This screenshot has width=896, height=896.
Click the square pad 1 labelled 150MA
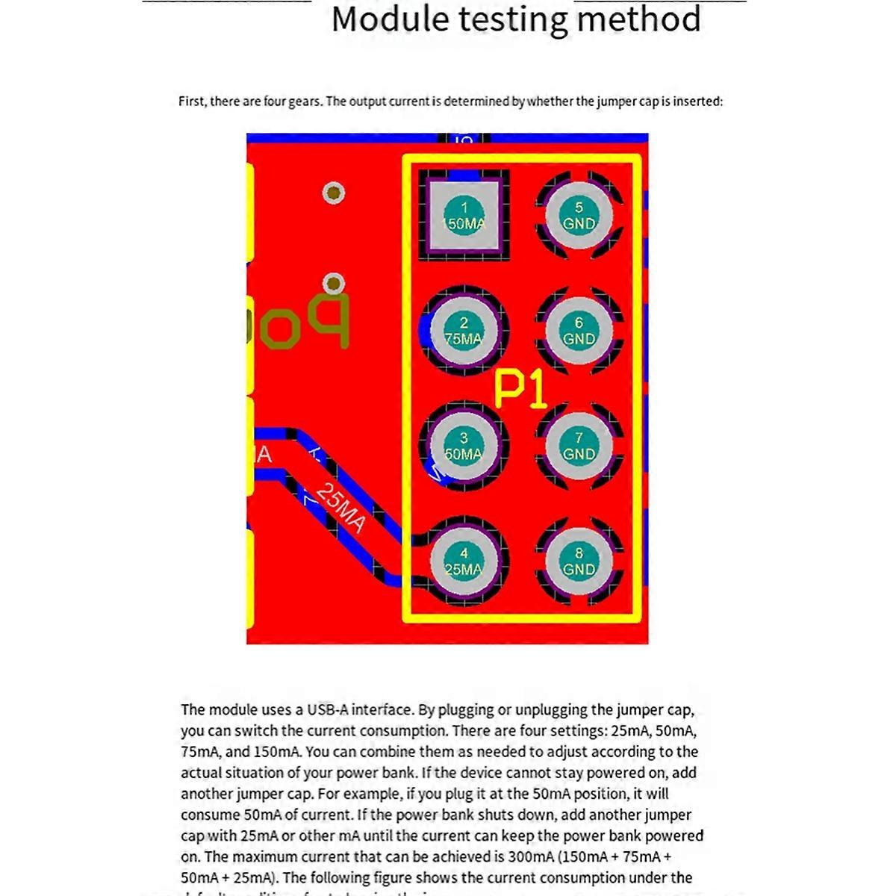pyautogui.click(x=464, y=215)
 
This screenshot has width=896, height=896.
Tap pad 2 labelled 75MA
pyautogui.click(x=464, y=330)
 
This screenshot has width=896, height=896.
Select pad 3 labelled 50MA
pyautogui.click(x=464, y=446)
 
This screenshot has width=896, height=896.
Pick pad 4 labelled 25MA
pyautogui.click(x=464, y=561)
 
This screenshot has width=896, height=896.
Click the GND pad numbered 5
pyautogui.click(x=579, y=215)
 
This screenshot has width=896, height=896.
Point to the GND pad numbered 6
pyautogui.click(x=579, y=330)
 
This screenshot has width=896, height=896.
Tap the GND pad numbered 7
pyautogui.click(x=579, y=446)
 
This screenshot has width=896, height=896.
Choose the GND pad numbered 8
pyautogui.click(x=579, y=561)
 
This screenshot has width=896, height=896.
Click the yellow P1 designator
pyautogui.click(x=520, y=389)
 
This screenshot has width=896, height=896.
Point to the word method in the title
pyautogui.click(x=639, y=19)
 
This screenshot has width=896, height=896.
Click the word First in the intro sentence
pyautogui.click(x=192, y=102)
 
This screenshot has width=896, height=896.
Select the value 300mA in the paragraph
pyautogui.click(x=530, y=856)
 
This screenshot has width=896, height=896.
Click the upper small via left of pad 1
pyautogui.click(x=334, y=193)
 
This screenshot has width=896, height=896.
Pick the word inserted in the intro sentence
pyautogui.click(x=697, y=102)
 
